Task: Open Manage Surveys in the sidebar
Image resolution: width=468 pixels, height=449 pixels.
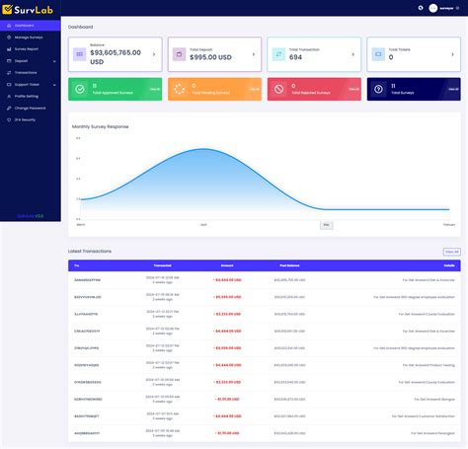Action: coord(27,37)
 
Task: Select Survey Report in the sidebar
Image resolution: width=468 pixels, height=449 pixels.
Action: coord(26,48)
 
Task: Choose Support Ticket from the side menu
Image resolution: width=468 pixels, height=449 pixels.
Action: coord(27,84)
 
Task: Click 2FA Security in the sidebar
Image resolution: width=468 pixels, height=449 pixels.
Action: coord(25,119)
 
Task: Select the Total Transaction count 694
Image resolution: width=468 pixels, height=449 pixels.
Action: coord(296,56)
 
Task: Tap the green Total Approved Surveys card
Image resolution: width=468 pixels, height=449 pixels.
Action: coord(115,90)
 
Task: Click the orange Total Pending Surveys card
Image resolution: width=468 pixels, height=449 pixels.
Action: coord(214,90)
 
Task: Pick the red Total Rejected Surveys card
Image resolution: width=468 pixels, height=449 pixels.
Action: coord(314,90)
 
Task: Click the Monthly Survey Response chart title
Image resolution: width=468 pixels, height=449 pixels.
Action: coord(100,126)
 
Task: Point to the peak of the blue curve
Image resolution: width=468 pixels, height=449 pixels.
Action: coord(201,148)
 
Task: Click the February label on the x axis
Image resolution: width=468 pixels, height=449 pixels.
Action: coord(448,225)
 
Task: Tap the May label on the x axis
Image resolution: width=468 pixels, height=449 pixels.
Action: coord(326,225)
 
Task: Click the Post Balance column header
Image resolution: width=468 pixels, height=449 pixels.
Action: coord(288,265)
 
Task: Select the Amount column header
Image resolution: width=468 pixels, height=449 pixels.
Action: coord(227,265)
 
